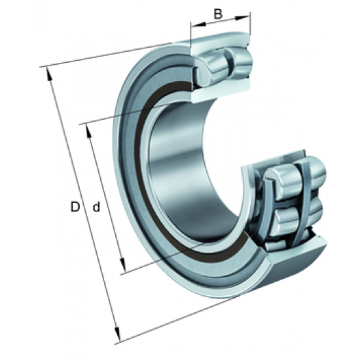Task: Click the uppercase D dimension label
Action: [x=75, y=207]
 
